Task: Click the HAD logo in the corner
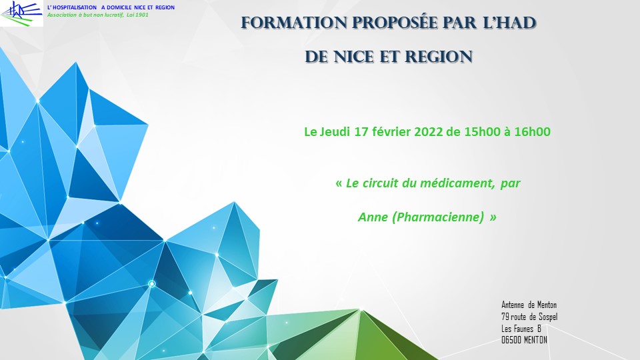pyautogui.click(x=21, y=13)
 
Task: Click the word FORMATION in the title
pyautogui.click(x=294, y=23)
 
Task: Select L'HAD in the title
pyautogui.click(x=509, y=23)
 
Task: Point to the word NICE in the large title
pyautogui.click(x=354, y=57)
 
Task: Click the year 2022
pyautogui.click(x=429, y=132)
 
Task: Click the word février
pyautogui.click(x=391, y=132)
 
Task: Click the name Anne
pyautogui.click(x=373, y=217)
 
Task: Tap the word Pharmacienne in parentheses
pyautogui.click(x=438, y=217)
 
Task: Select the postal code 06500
pyautogui.click(x=511, y=340)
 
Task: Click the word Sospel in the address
pyautogui.click(x=548, y=317)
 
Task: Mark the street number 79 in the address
pyautogui.click(x=505, y=317)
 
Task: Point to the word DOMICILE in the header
pyautogui.click(x=119, y=7)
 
